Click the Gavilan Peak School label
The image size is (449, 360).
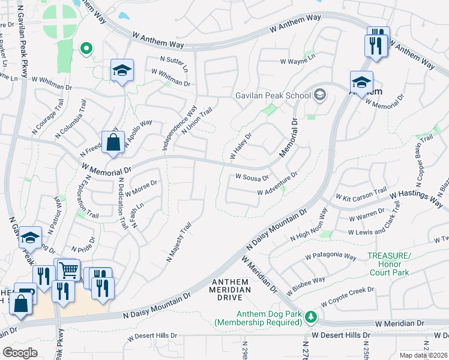[271, 95]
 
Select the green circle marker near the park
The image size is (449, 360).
[86, 49]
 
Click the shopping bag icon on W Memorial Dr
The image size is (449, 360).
[113, 143]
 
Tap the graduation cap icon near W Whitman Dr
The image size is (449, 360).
[122, 71]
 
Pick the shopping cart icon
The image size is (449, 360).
[69, 270]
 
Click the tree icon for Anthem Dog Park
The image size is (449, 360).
[310, 316]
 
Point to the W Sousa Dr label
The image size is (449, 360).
[252, 178]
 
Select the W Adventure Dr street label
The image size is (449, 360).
[277, 184]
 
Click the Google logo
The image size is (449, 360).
[20, 352]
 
